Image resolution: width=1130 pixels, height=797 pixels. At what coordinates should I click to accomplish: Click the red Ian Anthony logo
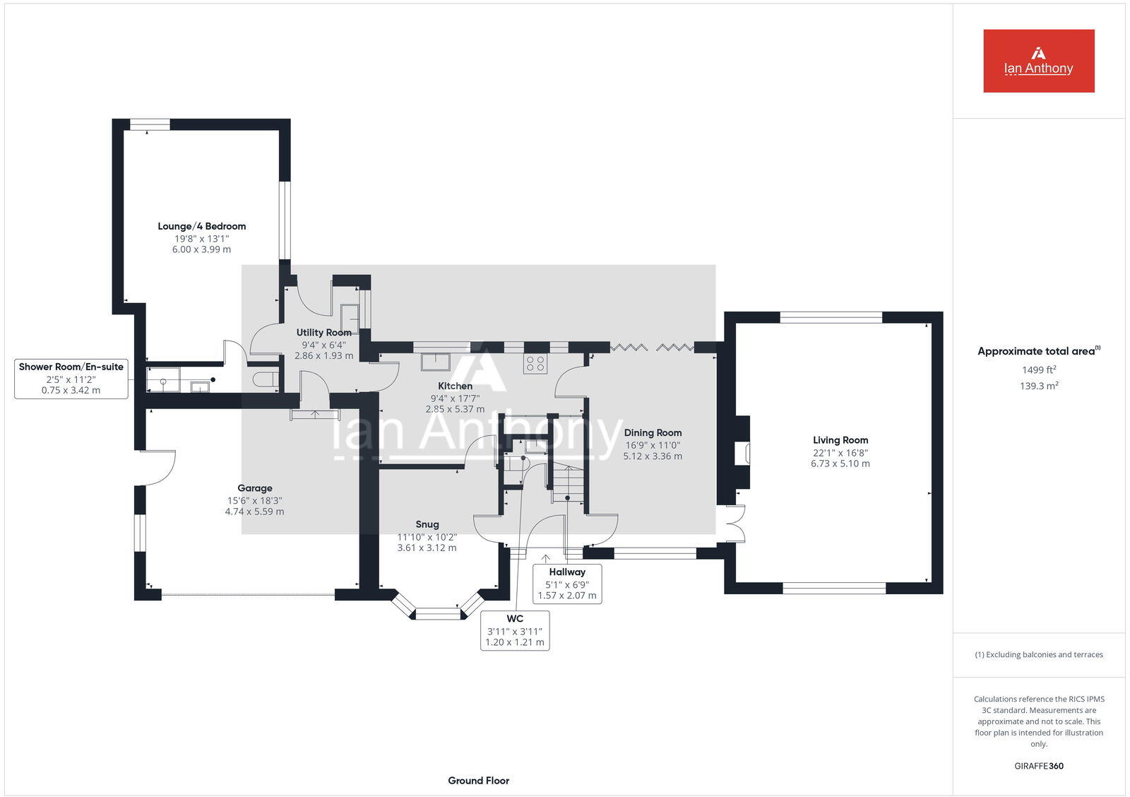click(1038, 61)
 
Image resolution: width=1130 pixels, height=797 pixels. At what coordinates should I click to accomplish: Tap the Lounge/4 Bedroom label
click(201, 226)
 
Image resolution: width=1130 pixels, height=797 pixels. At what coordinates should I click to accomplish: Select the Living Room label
click(840, 439)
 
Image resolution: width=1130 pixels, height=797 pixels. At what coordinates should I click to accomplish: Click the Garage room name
click(254, 488)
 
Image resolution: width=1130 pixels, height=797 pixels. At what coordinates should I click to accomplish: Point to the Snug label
click(427, 524)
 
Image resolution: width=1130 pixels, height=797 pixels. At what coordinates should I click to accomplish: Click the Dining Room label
click(653, 432)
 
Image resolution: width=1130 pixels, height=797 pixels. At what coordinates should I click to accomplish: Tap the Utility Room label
click(323, 332)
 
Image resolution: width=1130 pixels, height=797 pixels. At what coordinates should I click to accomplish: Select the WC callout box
click(515, 630)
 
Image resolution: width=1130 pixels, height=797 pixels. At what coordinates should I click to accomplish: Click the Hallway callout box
click(566, 583)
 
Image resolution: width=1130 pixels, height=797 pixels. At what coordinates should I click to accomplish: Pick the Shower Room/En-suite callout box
click(71, 378)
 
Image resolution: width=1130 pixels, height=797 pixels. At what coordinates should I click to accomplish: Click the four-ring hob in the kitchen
click(535, 364)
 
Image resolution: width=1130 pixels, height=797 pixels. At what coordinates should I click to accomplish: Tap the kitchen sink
click(436, 362)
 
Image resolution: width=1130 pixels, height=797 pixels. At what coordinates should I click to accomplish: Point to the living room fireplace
click(741, 453)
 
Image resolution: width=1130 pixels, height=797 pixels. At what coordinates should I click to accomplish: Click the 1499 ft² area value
click(1038, 370)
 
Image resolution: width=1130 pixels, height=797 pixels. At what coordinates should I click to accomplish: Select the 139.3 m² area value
click(1038, 386)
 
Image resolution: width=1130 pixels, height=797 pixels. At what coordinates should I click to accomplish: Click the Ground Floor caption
click(478, 781)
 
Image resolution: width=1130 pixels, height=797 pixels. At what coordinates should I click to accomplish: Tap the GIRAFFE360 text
click(1038, 766)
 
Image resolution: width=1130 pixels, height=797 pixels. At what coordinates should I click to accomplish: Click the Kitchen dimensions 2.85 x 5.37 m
click(455, 409)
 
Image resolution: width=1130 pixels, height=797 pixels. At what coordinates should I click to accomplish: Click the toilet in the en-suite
click(266, 379)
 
